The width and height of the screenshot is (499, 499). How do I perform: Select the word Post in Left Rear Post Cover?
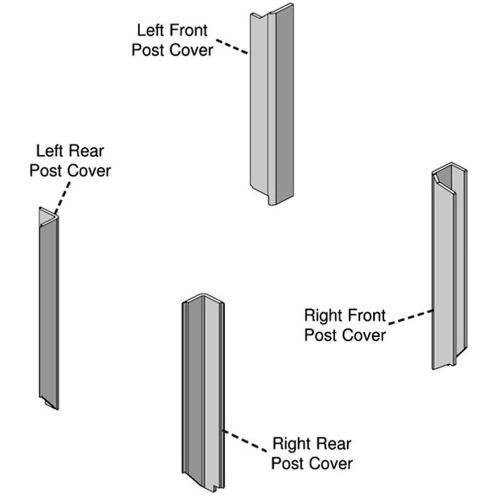click(x=46, y=171)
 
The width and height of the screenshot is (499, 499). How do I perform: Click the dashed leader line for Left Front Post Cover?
click(x=232, y=46)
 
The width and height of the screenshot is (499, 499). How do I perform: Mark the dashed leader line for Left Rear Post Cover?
click(x=62, y=198)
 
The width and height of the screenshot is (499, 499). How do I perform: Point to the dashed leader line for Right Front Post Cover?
click(x=411, y=317)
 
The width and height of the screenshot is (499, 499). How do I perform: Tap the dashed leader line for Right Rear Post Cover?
click(x=245, y=441)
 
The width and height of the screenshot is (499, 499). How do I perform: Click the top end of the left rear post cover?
click(x=48, y=218)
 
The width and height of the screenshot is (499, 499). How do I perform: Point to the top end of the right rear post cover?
click(x=203, y=298)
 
